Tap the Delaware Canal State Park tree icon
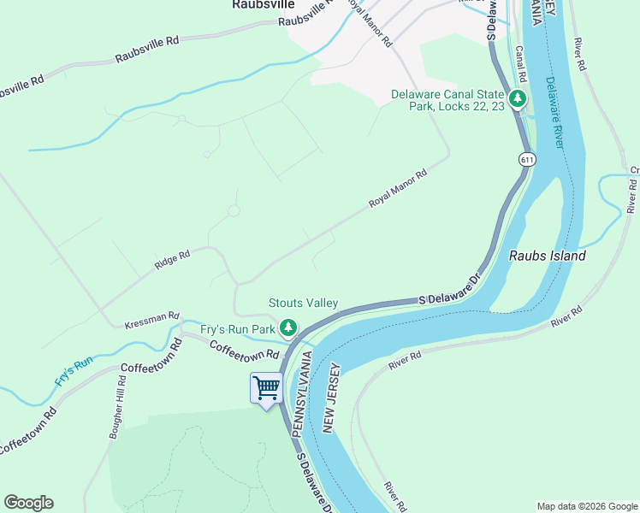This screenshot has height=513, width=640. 517,99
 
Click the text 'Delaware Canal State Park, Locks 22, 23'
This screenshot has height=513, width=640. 447,101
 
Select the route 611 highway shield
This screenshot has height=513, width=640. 526,160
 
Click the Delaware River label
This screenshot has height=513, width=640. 554,112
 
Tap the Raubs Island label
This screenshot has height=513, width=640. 547,256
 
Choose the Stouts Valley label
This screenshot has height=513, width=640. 303,303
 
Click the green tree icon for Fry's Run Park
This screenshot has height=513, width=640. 289,327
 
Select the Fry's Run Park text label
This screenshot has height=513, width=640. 238,328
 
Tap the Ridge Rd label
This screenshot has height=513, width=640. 172,259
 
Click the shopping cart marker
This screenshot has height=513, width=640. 266,389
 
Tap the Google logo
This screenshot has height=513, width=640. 28,503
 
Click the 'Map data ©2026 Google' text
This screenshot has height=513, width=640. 586,506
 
